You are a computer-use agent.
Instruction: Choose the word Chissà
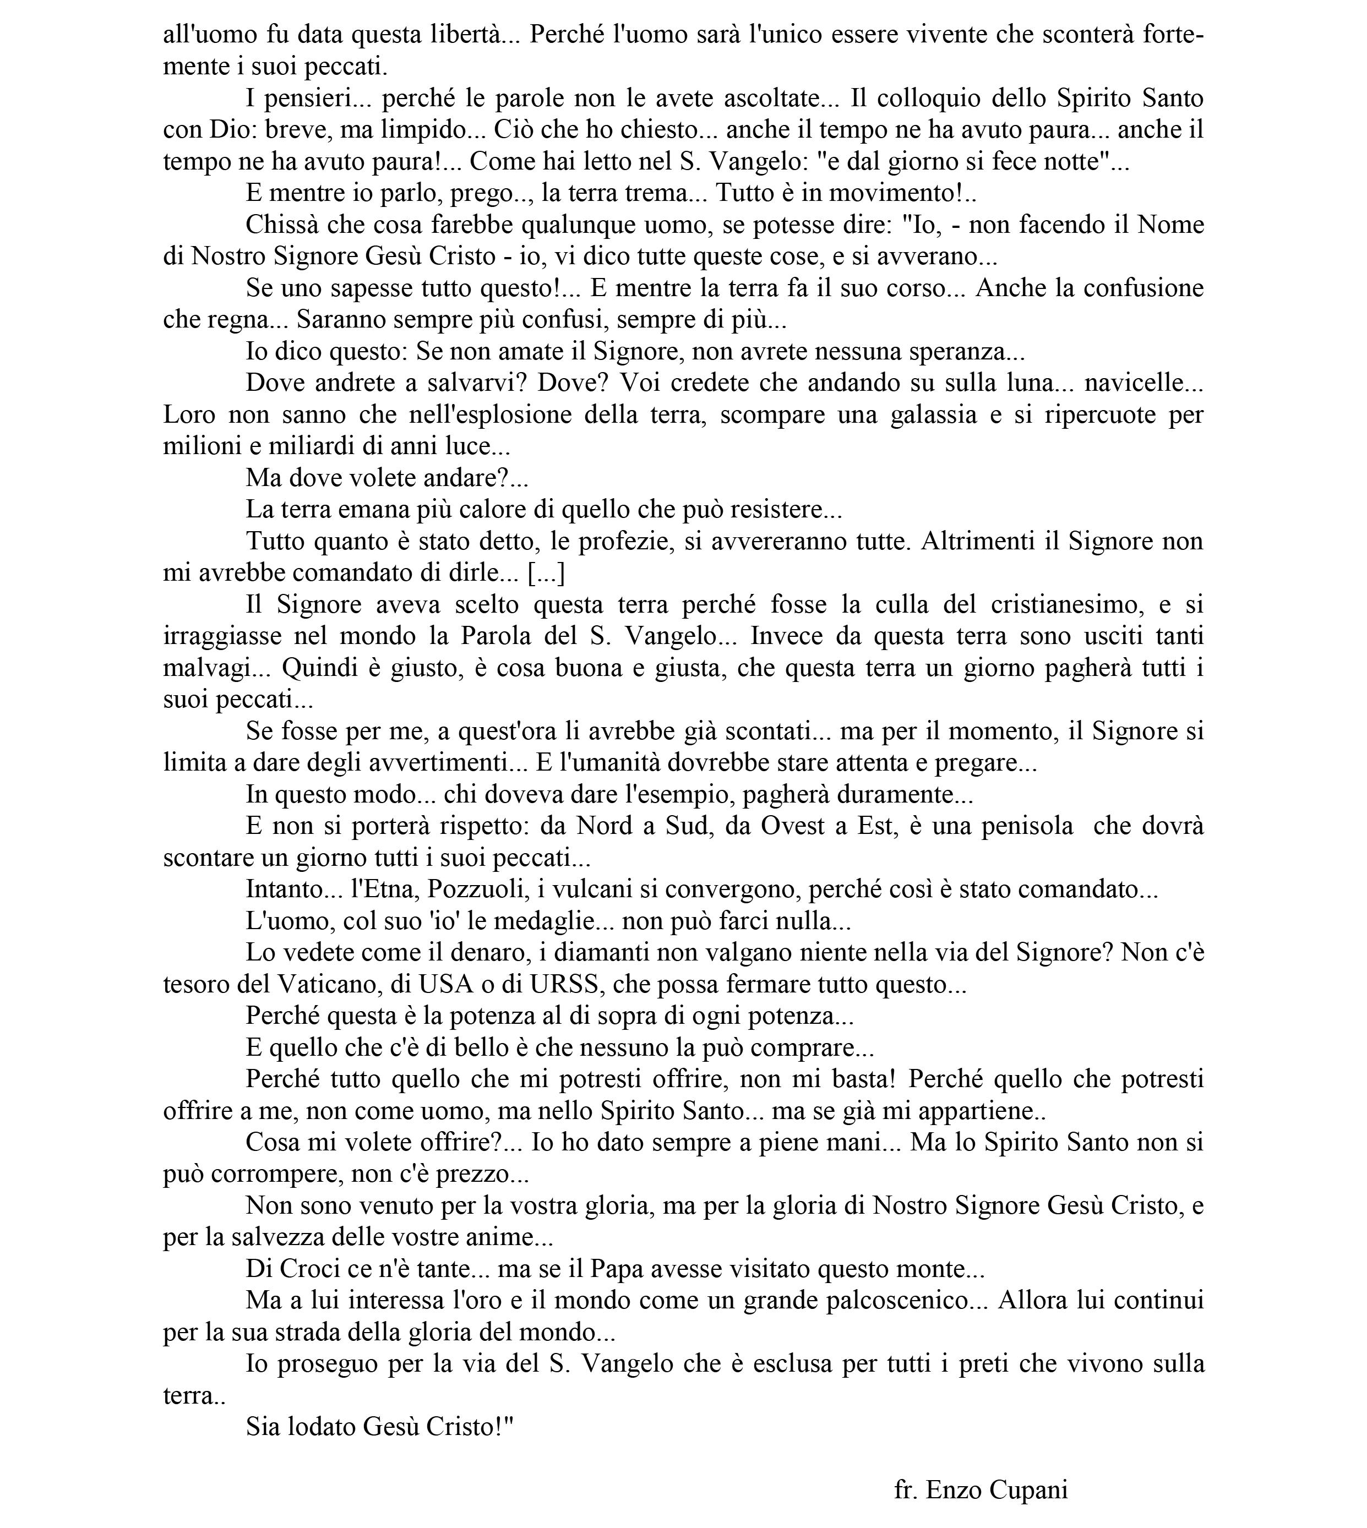point(280,225)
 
